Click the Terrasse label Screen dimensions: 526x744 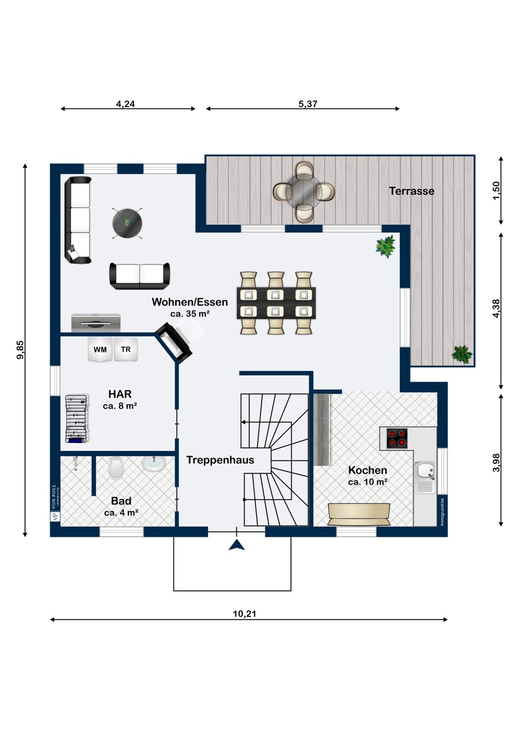tap(411, 191)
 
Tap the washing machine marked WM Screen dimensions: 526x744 tap(100, 349)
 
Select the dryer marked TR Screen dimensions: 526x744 tap(126, 349)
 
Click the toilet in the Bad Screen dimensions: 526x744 tap(116, 468)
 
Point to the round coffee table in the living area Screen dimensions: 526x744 tap(127, 223)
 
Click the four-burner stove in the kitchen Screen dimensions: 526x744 tap(397, 438)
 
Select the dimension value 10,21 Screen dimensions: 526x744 tap(245, 614)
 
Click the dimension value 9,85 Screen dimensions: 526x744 tap(21, 350)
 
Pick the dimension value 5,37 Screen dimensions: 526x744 tap(308, 104)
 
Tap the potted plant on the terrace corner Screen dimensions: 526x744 tap(462, 355)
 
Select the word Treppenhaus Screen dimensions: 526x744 tap(220, 460)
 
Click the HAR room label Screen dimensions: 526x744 tap(120, 394)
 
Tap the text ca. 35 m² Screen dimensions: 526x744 tap(190, 313)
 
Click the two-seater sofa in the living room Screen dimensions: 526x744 tap(139, 276)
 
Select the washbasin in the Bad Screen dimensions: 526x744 tap(154, 464)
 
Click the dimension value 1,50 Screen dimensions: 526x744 tap(496, 190)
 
